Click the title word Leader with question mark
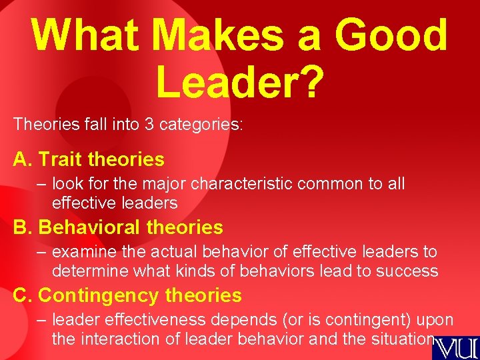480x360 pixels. (x=240, y=83)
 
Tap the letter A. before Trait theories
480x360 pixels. (x=22, y=159)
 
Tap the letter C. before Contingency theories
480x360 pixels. (x=22, y=295)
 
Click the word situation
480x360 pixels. (x=398, y=339)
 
